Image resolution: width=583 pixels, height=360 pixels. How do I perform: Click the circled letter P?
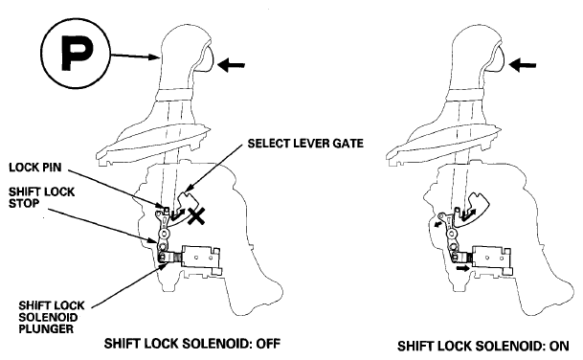(77, 53)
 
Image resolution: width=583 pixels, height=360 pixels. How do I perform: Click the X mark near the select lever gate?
(196, 215)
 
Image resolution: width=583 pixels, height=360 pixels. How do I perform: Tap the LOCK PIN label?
(35, 168)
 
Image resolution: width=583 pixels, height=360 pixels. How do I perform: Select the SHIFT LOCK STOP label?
(42, 197)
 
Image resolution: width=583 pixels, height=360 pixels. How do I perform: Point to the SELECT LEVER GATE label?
(305, 144)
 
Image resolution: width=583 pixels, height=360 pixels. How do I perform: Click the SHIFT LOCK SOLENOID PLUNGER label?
(52, 317)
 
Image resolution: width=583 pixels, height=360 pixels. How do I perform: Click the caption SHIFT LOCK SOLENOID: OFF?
(192, 344)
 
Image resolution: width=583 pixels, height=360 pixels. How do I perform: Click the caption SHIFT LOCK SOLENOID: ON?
(483, 346)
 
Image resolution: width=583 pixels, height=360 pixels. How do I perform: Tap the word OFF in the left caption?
(268, 344)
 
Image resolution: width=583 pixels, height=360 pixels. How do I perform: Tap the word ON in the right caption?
(560, 346)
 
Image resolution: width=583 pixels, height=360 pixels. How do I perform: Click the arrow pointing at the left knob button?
(231, 65)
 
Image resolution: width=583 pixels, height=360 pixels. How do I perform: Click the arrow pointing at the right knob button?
(522, 65)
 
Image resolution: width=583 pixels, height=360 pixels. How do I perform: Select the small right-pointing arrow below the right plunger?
(463, 268)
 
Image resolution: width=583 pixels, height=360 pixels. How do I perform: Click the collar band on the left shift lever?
(174, 95)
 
